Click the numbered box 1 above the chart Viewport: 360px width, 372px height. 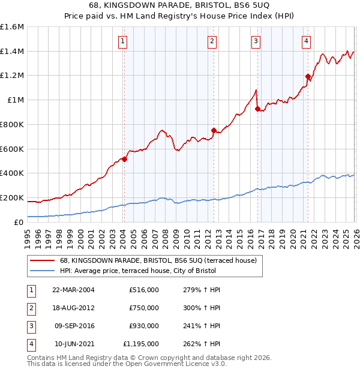click(x=122, y=41)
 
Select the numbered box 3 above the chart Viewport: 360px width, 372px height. click(x=256, y=41)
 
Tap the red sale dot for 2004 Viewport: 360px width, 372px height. click(x=124, y=159)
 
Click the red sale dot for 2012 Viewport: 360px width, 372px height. click(x=213, y=130)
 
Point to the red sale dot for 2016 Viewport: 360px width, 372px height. click(x=257, y=109)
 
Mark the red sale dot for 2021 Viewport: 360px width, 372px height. click(x=308, y=76)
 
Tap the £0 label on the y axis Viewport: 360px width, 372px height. click(x=18, y=222)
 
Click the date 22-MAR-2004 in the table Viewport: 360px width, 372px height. click(x=74, y=290)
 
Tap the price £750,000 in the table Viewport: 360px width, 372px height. click(x=144, y=308)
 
